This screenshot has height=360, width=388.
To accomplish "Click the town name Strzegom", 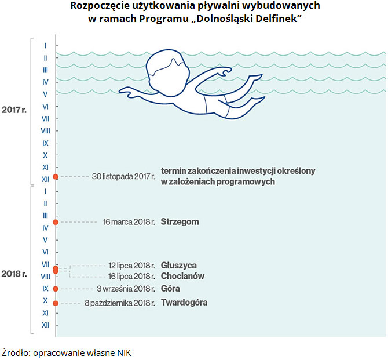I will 180,222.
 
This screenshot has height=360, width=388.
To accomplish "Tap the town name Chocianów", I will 182,276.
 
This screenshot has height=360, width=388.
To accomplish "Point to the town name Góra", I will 170,289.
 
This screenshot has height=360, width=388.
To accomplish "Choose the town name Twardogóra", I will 184,303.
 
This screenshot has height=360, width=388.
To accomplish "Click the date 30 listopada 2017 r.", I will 123,176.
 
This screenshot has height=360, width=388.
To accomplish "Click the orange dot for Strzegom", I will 56,222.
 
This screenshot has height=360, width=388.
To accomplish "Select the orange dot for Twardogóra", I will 56,303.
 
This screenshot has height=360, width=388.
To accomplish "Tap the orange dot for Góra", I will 56,289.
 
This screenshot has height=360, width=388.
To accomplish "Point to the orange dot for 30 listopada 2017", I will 56,176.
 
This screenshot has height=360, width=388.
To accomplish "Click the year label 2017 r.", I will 14,110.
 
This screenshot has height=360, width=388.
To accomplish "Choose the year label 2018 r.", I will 14,274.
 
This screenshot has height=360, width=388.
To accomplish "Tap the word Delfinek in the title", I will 276,19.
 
